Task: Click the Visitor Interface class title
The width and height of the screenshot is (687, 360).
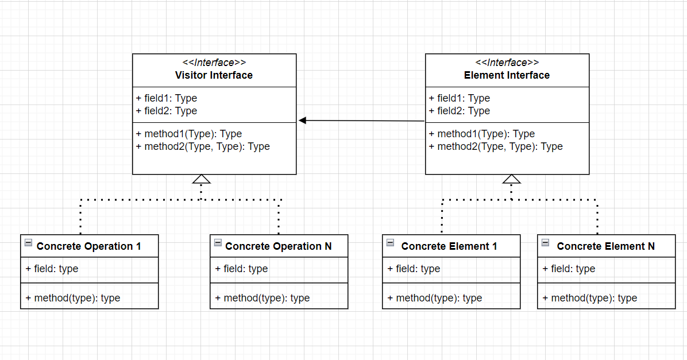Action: tap(214, 75)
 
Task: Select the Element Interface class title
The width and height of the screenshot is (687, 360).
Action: tap(507, 75)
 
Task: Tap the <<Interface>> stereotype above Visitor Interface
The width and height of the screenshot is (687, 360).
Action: tap(214, 63)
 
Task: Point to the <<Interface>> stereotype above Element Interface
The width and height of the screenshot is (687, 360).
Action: tap(507, 63)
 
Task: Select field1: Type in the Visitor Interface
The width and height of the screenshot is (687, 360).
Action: tap(167, 98)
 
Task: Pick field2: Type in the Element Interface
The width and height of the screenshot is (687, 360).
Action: tap(460, 111)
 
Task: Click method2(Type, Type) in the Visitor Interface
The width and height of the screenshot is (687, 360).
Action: tap(203, 146)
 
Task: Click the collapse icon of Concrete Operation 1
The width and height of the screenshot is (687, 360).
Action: tap(28, 243)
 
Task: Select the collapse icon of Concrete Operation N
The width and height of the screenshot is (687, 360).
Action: tap(218, 243)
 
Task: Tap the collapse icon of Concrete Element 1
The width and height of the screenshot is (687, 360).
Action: tap(390, 243)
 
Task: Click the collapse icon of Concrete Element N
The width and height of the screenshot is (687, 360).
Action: tap(545, 243)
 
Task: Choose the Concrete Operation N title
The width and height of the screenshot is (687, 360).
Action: tap(279, 246)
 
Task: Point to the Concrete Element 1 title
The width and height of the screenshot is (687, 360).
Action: tap(449, 246)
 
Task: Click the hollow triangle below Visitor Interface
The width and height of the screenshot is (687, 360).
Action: tap(201, 179)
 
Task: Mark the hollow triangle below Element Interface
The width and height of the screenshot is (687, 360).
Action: tap(511, 179)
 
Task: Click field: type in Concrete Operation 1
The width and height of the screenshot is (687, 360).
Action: tap(52, 269)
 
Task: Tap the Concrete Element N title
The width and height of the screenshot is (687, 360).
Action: tap(605, 246)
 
